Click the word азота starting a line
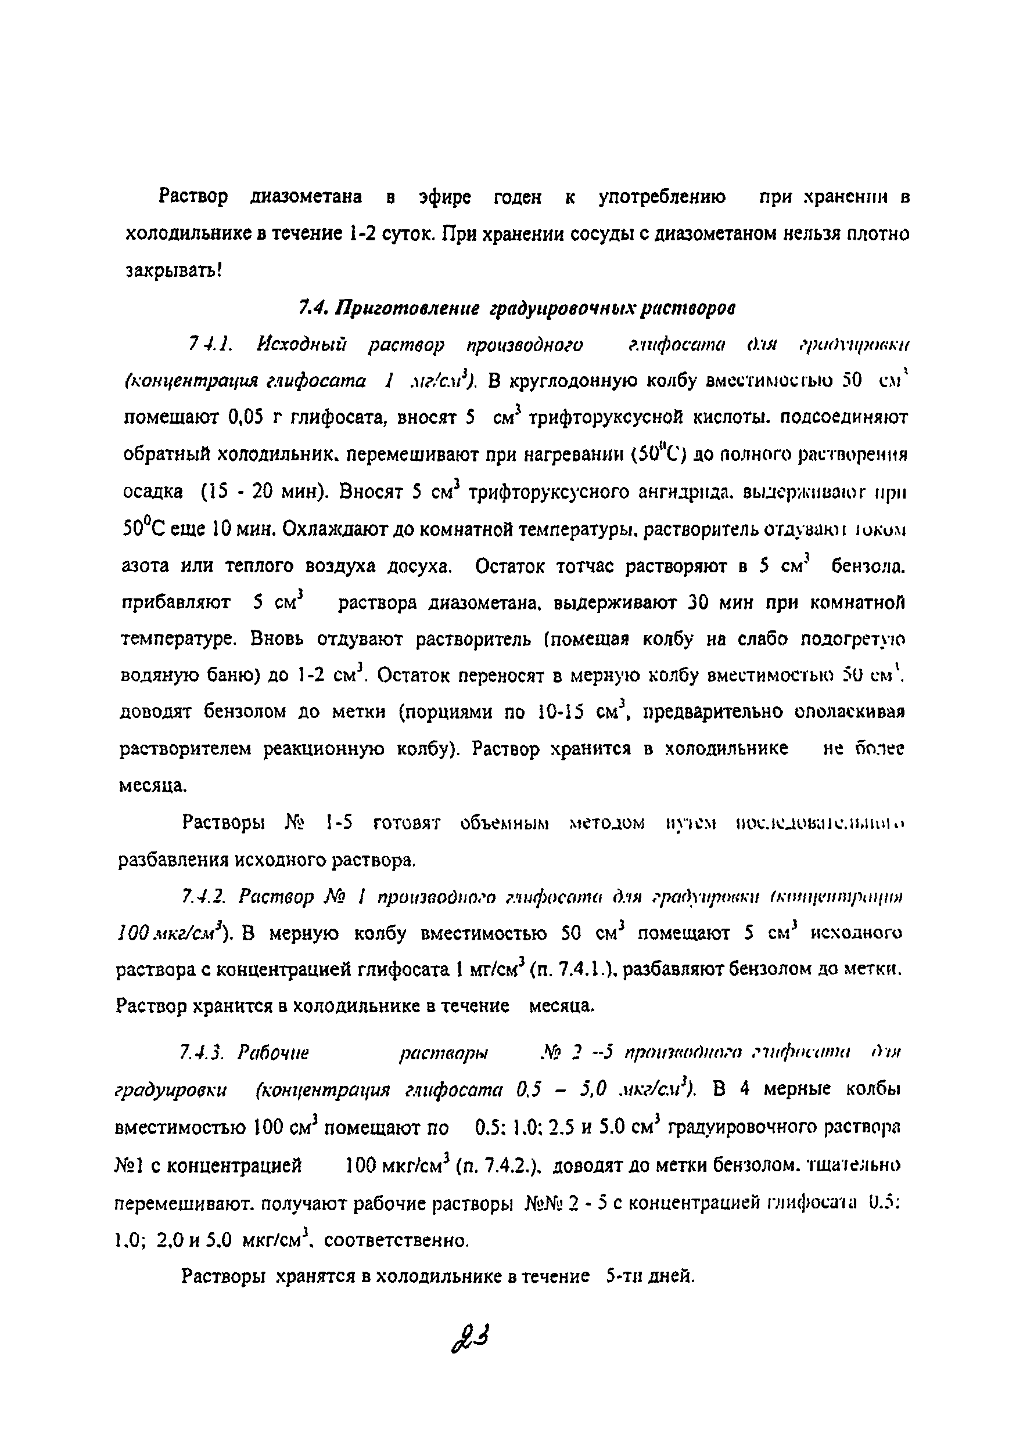tap(146, 566)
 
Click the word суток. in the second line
tap(408, 234)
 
